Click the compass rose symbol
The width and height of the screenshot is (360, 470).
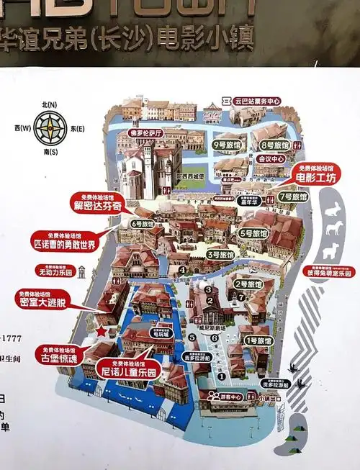51,128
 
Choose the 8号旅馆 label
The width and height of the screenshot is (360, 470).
274,145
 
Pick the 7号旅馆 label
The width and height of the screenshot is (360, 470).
293,196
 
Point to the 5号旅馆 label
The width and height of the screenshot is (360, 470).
253,233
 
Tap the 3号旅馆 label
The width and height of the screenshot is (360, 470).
220,254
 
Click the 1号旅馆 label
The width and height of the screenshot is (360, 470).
256,340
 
